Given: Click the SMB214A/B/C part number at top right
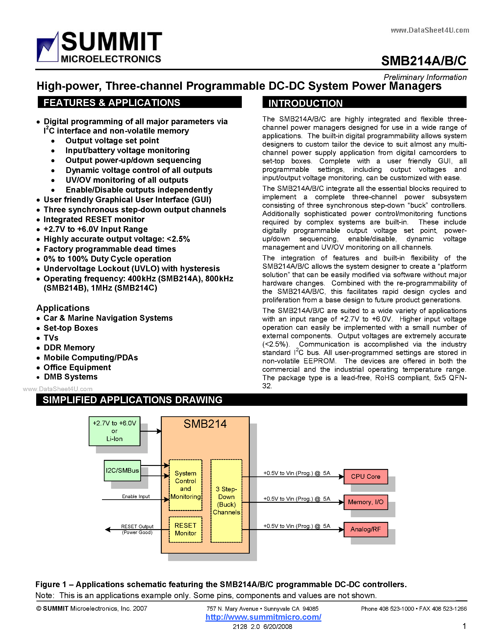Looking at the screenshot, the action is click(x=423, y=61).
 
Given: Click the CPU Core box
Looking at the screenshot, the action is click(x=366, y=476).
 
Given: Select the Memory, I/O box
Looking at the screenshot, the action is click(x=366, y=502).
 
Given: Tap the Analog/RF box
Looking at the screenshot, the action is click(x=366, y=529).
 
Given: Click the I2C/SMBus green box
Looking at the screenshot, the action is click(x=122, y=470).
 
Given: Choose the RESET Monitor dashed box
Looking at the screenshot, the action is click(x=185, y=529).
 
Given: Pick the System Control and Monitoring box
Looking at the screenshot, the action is click(x=185, y=485).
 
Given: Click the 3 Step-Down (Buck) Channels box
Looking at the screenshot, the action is click(x=226, y=500).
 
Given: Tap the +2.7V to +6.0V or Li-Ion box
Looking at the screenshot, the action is click(x=114, y=431).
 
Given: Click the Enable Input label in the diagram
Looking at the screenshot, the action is click(x=136, y=496).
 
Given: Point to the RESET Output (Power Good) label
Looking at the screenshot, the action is click(x=137, y=529).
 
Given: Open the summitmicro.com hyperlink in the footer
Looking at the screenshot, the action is click(x=263, y=617).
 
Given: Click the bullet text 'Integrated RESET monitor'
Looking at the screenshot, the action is click(x=94, y=219).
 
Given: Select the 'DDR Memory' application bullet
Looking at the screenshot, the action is click(x=69, y=348).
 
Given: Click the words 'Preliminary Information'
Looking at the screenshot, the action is click(x=425, y=77).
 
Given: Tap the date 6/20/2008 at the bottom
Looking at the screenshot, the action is click(x=278, y=627).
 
